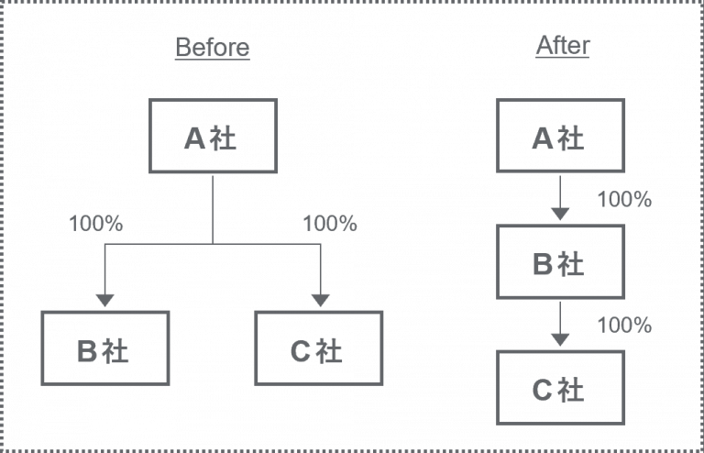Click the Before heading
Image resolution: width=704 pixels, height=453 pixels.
coord(213,47)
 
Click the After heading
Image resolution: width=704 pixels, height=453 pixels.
coord(563,45)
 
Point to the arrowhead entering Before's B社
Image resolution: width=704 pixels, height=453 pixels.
coord(105,301)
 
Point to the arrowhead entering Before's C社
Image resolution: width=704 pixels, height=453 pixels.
coord(321,301)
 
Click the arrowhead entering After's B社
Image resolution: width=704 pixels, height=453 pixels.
coord(560,215)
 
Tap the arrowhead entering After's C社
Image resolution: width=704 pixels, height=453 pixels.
coord(560,340)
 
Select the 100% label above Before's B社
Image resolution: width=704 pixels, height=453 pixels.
coord(95,224)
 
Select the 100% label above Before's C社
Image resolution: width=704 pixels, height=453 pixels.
coord(330,224)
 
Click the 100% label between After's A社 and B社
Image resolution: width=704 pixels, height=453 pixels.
coord(624,199)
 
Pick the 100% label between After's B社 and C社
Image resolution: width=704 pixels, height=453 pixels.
coord(624,325)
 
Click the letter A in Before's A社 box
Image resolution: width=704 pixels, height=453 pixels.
coord(195,138)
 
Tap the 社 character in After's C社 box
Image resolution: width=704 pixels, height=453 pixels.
coord(571,389)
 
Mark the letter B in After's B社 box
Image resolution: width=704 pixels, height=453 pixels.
coord(543,264)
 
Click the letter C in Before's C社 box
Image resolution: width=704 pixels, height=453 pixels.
coord(301,351)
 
